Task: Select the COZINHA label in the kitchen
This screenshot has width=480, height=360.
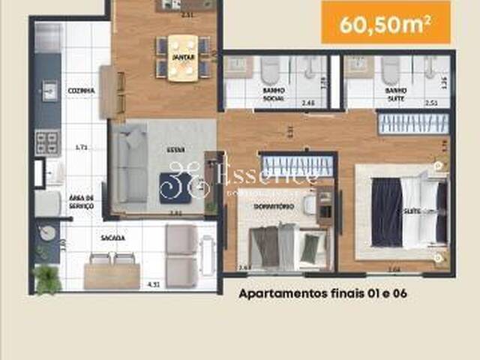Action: pyautogui.click(x=81, y=91)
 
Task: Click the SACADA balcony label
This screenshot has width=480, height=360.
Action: pyautogui.click(x=112, y=238)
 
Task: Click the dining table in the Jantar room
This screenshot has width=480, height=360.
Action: pyautogui.click(x=181, y=57)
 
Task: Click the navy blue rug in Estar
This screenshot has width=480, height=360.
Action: pyautogui.click(x=174, y=187)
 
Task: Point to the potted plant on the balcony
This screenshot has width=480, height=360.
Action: pyautogui.click(x=47, y=279)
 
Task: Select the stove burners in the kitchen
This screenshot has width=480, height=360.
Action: pyautogui.click(x=46, y=142)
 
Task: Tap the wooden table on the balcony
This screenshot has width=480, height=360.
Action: pyautogui.click(x=112, y=275)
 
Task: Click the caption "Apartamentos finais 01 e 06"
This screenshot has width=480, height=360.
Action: pyautogui.click(x=322, y=294)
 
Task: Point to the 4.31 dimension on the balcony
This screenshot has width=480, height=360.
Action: pyautogui.click(x=154, y=284)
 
